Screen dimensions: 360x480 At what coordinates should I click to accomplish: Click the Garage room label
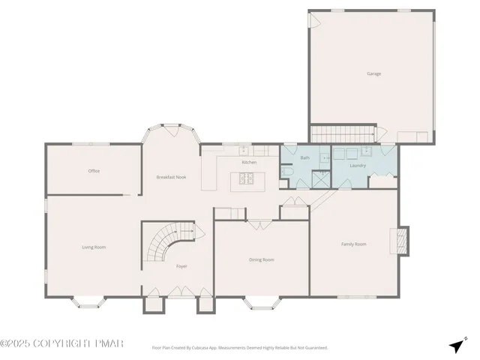pyautogui.click(x=373, y=73)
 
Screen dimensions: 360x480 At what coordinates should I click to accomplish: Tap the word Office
pyautogui.click(x=94, y=171)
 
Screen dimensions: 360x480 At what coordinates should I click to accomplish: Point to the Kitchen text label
pyautogui.click(x=249, y=162)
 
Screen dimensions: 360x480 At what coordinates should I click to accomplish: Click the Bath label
pyautogui.click(x=305, y=158)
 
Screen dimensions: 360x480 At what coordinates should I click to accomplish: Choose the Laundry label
pyautogui.click(x=358, y=164)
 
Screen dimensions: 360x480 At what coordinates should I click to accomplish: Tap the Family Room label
pyautogui.click(x=354, y=244)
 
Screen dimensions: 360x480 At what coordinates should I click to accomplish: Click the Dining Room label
pyautogui.click(x=262, y=259)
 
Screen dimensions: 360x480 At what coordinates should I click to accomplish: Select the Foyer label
pyautogui.click(x=181, y=266)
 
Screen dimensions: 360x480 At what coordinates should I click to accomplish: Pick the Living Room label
pyautogui.click(x=94, y=247)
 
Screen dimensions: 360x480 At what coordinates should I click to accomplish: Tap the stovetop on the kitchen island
pyautogui.click(x=246, y=178)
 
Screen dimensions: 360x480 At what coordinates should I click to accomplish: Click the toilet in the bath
pyautogui.click(x=288, y=172)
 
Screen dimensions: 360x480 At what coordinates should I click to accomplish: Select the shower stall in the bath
pyautogui.click(x=320, y=178)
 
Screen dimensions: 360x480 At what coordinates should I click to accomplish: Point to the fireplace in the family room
pyautogui.click(x=402, y=240)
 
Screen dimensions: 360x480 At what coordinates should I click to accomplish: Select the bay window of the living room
pyautogui.click(x=88, y=302)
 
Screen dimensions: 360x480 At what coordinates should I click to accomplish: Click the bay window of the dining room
pyautogui.click(x=261, y=302)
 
